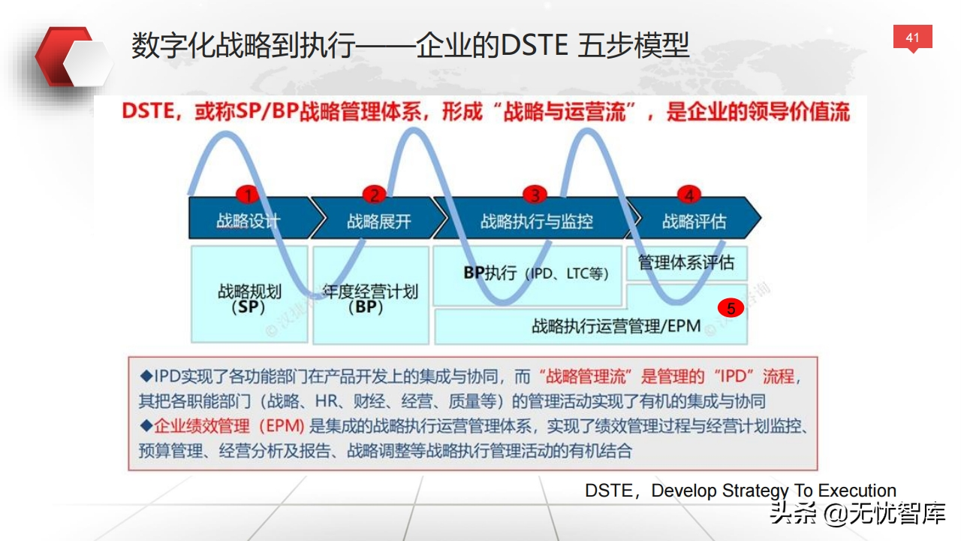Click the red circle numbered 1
[x=248, y=195]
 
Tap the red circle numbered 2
[x=374, y=195]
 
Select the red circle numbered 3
[x=535, y=195]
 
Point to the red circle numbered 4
[x=689, y=195]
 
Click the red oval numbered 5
[x=731, y=308]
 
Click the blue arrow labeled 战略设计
[x=253, y=218]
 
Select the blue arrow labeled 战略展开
[x=378, y=218]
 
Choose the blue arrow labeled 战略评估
[x=694, y=218]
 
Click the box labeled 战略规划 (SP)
[x=249, y=294]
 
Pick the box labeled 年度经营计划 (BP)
[x=371, y=295]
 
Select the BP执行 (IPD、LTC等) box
[x=527, y=276]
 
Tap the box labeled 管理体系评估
[x=686, y=263]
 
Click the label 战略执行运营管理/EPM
[x=616, y=326]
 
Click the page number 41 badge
[x=912, y=38]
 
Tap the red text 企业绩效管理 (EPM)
[x=229, y=426]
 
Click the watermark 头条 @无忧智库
[x=858, y=513]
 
